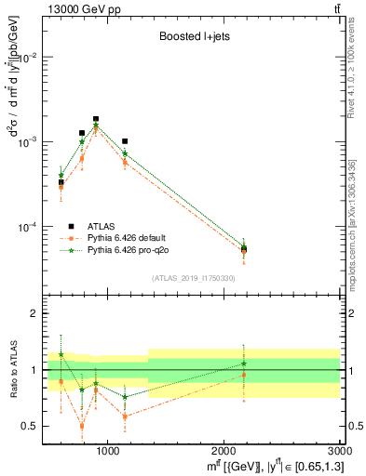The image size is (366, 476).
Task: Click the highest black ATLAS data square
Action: [x=96, y=119]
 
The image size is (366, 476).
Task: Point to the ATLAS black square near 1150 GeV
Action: [x=125, y=141]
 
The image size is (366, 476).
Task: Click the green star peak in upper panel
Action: [x=96, y=126]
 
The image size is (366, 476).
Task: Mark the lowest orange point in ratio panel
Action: [x=82, y=426]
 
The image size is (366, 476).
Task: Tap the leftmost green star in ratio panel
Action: [x=61, y=354]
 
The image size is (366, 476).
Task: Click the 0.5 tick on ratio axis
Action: [x=32, y=427]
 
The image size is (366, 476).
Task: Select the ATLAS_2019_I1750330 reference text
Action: [x=194, y=278]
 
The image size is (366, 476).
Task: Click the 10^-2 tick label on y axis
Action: [x=28, y=58]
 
